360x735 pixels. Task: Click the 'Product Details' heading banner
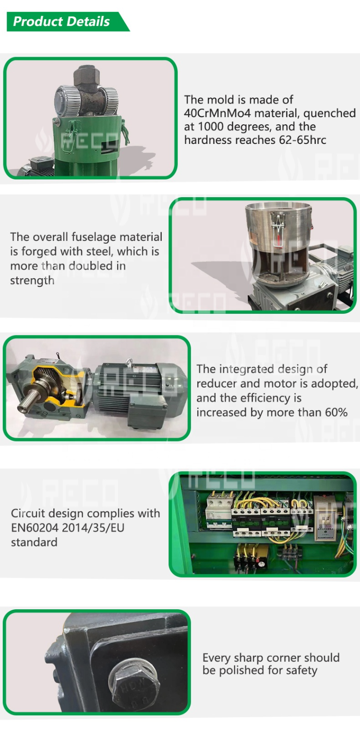[x=66, y=22]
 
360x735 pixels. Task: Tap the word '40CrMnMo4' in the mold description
[x=217, y=113]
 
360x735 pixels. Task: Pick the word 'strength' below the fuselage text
[x=32, y=281]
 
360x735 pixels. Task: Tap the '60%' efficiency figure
[x=336, y=413]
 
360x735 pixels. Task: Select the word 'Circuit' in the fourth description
[x=29, y=513]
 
